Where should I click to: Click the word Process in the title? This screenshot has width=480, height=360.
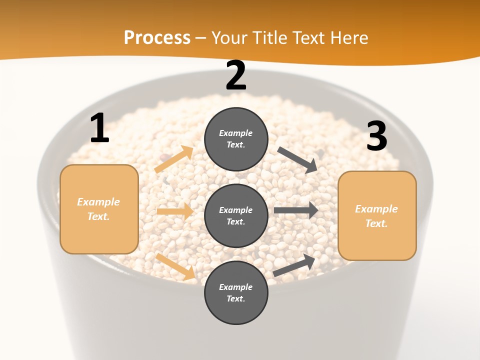tap(157, 38)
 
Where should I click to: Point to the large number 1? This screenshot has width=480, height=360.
tap(99, 128)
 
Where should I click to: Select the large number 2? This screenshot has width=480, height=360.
tap(236, 76)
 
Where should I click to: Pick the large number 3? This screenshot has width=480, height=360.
tap(376, 136)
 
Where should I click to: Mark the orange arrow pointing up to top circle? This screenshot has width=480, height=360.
tap(174, 159)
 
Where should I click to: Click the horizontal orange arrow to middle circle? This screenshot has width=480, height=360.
tap(175, 211)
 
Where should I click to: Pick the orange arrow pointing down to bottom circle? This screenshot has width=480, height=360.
tap(175, 266)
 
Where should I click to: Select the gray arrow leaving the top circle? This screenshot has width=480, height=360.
tap(297, 159)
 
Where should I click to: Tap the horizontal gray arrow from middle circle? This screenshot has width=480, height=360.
tap(296, 210)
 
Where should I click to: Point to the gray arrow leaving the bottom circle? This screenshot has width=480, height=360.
tap(294, 265)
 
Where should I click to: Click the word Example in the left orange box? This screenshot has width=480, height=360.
tap(98, 202)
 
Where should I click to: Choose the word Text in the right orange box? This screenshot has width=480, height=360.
tap(376, 223)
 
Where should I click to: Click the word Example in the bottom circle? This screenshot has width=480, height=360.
tap(236, 287)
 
